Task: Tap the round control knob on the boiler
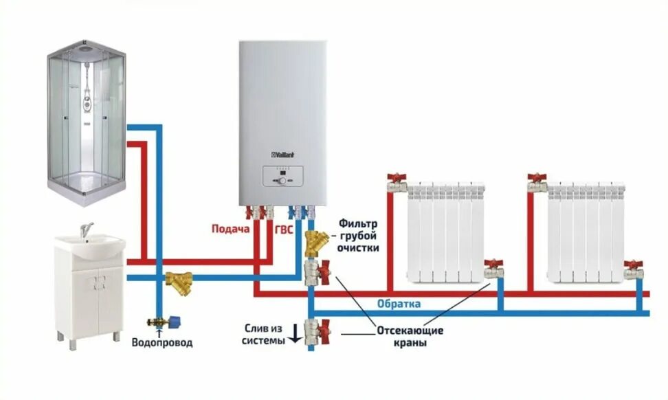(280, 181)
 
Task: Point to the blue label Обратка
(399, 304)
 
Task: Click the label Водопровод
(162, 342)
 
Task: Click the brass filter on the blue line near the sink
(179, 282)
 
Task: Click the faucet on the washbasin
(85, 230)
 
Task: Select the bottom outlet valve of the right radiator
(632, 270)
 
